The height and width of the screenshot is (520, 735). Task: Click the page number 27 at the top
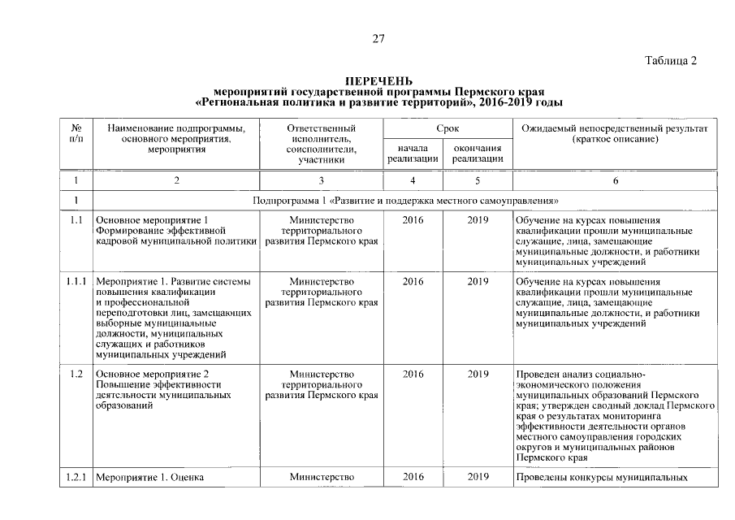click(x=378, y=38)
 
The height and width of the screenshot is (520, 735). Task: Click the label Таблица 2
click(x=671, y=61)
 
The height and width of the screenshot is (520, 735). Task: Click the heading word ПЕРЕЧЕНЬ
click(x=378, y=81)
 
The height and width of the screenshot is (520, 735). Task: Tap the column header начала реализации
click(x=413, y=154)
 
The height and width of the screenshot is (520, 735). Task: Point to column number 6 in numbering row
click(x=615, y=181)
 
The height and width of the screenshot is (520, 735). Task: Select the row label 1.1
click(x=76, y=219)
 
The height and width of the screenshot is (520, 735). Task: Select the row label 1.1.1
click(x=76, y=281)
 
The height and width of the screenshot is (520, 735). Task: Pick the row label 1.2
click(x=76, y=374)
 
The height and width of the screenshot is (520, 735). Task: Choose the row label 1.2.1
click(x=76, y=477)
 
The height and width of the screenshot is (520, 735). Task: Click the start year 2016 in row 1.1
click(x=413, y=219)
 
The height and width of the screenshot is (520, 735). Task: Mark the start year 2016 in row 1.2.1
click(x=413, y=477)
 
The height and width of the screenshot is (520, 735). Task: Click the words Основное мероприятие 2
click(x=152, y=374)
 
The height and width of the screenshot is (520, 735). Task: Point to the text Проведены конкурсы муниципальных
click(x=602, y=477)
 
